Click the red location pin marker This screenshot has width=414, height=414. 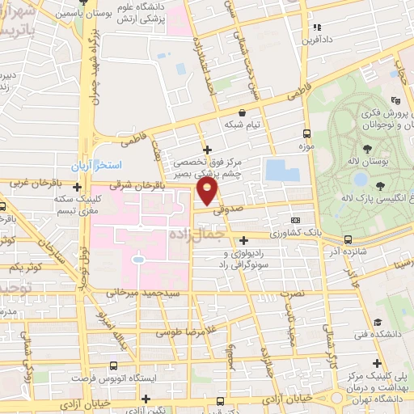click(208, 192)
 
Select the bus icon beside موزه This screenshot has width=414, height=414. click(306, 134)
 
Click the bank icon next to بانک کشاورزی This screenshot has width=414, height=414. click(295, 219)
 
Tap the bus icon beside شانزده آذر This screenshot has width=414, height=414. click(348, 239)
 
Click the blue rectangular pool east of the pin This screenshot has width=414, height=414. click(277, 170)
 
